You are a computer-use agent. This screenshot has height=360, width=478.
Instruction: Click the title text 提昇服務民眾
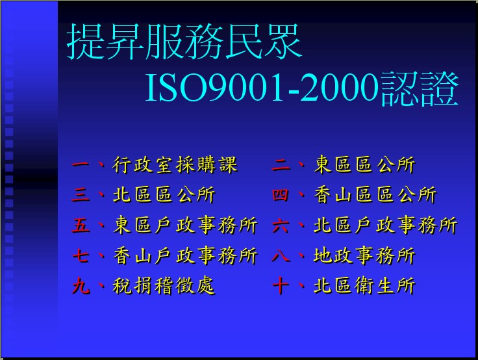tap(184, 42)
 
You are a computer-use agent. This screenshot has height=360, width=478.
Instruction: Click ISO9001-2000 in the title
tap(262, 88)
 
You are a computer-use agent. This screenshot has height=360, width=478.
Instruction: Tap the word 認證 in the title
tap(419, 88)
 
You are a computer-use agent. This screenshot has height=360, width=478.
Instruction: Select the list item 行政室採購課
tap(175, 165)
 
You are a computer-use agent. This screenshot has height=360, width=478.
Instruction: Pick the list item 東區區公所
tap(364, 165)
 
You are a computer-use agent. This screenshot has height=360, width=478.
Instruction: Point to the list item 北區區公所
tap(164, 195)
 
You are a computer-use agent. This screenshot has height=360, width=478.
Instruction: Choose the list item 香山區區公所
tap(375, 195)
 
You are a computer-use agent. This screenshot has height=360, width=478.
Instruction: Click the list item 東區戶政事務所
tap(185, 225)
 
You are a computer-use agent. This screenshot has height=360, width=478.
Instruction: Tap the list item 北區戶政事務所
tap(385, 225)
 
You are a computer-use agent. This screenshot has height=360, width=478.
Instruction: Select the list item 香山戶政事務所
tap(185, 255)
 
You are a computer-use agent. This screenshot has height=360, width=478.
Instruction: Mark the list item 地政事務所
tap(364, 255)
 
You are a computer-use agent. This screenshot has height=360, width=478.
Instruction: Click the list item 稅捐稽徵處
tap(164, 285)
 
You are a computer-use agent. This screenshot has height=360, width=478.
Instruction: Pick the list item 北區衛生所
tap(364, 285)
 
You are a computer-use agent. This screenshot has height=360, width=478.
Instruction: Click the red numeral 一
tap(81, 165)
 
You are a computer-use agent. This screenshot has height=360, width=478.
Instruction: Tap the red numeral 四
tap(280, 195)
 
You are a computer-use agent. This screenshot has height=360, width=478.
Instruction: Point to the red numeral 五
tap(81, 225)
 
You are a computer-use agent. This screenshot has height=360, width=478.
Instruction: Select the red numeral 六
tap(281, 225)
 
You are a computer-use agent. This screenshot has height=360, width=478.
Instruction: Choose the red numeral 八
tap(281, 255)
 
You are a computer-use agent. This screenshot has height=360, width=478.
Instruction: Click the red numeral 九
tap(81, 286)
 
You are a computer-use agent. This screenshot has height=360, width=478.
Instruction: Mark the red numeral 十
tap(281, 286)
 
